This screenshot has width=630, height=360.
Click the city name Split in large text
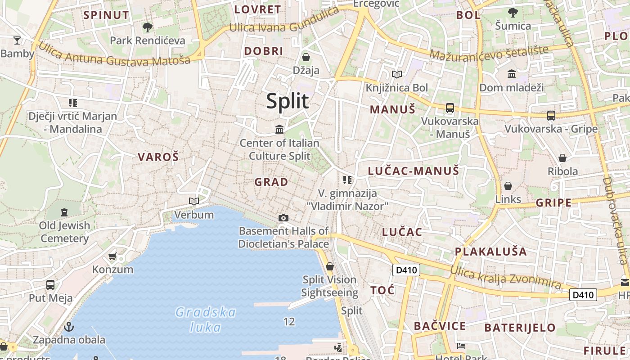coord(287,101)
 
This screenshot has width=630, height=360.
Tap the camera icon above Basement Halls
coord(283,218)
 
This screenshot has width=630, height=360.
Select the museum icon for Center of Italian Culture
coord(279,130)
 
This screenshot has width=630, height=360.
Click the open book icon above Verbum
coord(194,201)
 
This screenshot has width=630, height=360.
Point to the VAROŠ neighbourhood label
coord(158,157)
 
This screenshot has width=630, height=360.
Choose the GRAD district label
coord(271,182)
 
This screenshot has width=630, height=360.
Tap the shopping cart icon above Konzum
coord(112,256)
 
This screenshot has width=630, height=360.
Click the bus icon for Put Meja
coord(50,285)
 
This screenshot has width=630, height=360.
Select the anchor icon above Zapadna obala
coord(69,326)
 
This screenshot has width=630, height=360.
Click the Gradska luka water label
coord(206,319)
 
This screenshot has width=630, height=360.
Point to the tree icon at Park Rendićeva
coord(147,27)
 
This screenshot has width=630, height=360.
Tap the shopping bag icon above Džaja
coord(306,57)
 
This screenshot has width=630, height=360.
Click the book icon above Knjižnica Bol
coord(396,74)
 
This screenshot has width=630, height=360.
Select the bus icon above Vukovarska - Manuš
coord(450,108)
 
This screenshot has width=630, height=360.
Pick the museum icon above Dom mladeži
coord(512,74)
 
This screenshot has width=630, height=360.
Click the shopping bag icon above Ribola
coord(562,158)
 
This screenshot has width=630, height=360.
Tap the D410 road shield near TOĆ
coord(406,270)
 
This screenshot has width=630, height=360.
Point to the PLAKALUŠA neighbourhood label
coord(490,251)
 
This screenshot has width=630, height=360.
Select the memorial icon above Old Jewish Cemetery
coord(64,212)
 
